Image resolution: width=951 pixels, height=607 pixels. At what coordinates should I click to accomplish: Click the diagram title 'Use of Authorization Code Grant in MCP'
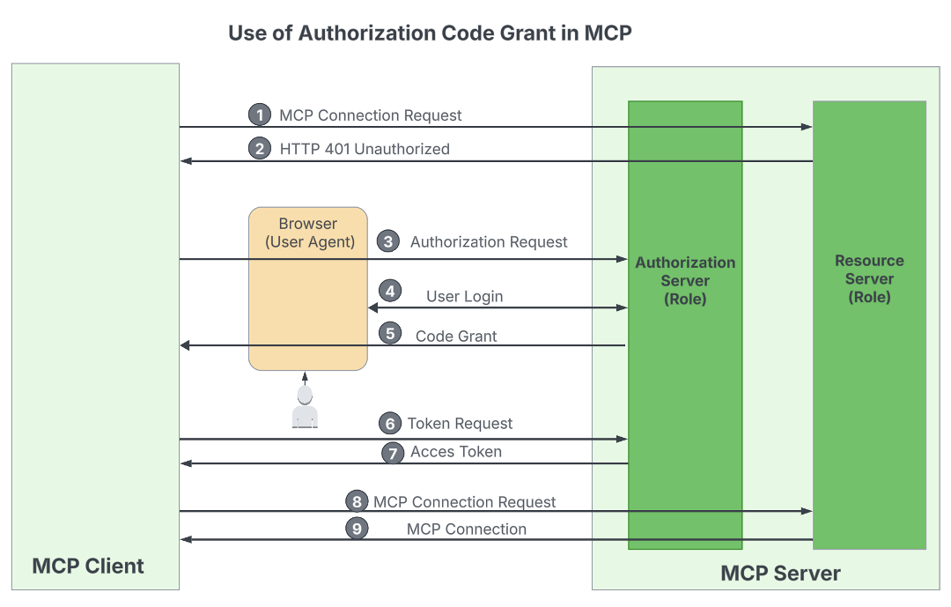pos(430,33)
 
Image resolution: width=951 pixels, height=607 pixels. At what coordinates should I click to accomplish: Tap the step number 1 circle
pos(259,115)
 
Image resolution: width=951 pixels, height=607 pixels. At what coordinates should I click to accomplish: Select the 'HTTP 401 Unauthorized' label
pos(365,149)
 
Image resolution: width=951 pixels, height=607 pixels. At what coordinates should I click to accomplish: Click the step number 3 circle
pos(387,241)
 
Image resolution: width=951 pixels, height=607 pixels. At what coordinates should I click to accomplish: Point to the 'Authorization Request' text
pos(489,241)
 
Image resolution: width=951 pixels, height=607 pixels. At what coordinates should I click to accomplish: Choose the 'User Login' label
pos(464,296)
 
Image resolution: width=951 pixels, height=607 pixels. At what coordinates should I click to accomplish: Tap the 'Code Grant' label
pos(456,336)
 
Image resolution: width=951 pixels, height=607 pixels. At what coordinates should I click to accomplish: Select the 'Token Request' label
pos(460,424)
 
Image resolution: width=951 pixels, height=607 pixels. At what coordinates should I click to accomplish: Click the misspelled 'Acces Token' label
pos(456,452)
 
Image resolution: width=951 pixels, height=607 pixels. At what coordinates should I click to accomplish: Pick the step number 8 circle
pos(357,501)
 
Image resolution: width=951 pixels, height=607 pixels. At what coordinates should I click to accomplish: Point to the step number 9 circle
pos(357,529)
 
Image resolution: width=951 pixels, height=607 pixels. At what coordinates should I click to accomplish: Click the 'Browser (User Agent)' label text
pos(308,233)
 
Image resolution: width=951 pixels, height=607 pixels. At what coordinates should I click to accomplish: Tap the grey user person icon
pos(305,408)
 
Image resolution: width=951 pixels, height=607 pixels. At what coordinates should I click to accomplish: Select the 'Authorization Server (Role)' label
pos(685,280)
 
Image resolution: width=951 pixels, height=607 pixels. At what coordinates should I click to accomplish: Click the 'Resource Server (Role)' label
pos(869,278)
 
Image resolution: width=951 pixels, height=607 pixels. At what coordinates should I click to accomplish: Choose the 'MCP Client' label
pos(88,566)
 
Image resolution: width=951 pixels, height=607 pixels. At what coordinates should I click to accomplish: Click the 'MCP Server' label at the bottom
pos(780,574)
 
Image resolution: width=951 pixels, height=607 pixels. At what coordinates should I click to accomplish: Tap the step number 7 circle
pos(393,453)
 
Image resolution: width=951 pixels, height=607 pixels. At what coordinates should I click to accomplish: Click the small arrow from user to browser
pos(305,378)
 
